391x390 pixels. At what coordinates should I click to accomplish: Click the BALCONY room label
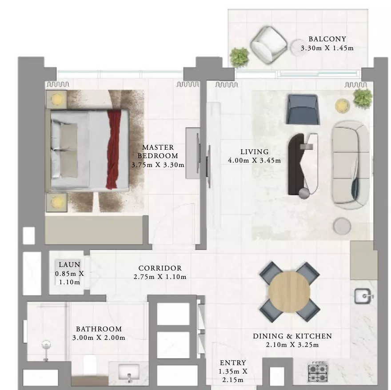point(327,39)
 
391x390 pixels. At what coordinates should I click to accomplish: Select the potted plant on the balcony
point(239,57)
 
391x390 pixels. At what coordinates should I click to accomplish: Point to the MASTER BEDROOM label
point(158,151)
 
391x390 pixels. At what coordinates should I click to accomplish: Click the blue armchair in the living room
point(303,109)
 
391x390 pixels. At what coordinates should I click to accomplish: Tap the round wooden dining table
point(290,292)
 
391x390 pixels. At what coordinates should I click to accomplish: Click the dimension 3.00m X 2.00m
point(99,338)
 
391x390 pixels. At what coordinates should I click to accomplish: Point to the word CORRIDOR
point(160,268)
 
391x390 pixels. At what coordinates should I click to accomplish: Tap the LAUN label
point(70,265)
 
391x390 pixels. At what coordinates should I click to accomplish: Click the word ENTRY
point(233,363)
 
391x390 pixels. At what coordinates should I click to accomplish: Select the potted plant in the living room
point(363,99)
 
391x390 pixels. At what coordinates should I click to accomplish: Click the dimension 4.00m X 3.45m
point(254,161)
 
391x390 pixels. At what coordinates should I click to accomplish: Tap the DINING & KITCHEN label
point(292,336)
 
